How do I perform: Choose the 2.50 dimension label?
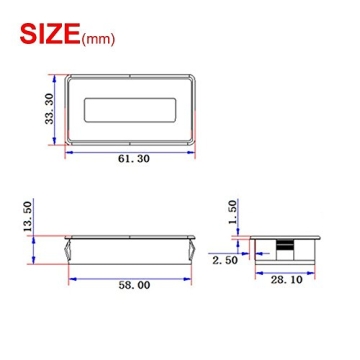point(225,260)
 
